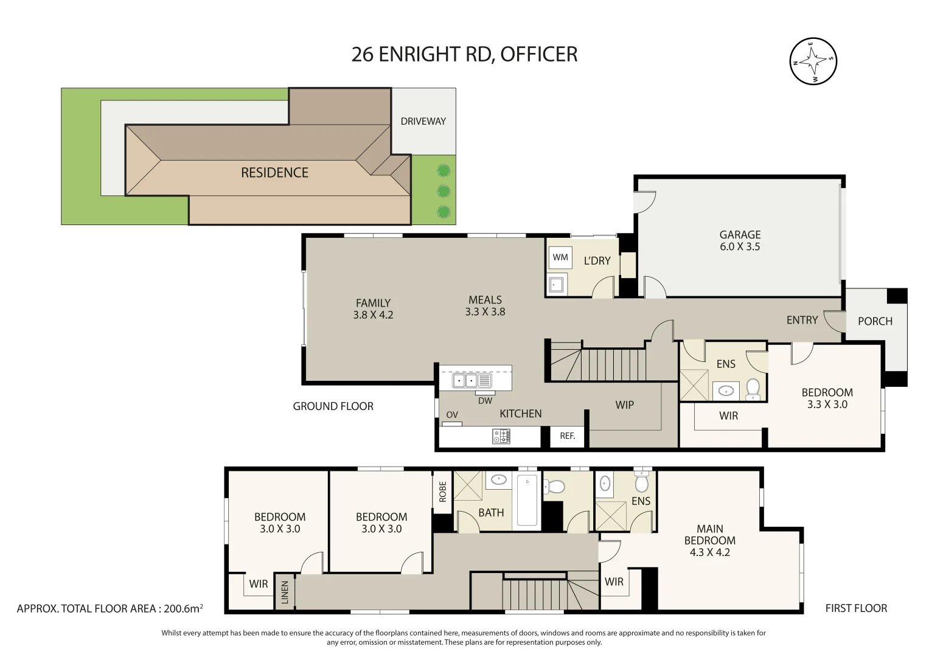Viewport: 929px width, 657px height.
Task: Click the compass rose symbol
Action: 813,61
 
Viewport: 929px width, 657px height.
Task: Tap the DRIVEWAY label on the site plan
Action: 423,121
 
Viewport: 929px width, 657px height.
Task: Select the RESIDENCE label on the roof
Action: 274,173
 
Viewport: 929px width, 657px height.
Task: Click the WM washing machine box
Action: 560,257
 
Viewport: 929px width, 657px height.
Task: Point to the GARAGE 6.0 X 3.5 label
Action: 740,240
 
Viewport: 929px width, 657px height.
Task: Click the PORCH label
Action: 875,321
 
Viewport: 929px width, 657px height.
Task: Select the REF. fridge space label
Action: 567,436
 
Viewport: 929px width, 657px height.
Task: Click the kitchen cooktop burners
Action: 501,436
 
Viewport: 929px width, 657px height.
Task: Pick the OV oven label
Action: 452,415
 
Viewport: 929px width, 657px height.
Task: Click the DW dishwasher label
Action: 485,401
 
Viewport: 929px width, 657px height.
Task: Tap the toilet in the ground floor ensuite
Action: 753,389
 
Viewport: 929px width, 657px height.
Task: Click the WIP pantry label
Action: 624,405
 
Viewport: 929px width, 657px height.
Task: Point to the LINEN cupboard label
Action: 285,592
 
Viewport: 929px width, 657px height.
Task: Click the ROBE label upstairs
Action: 442,492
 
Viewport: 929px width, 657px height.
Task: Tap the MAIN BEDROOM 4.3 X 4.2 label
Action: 709,540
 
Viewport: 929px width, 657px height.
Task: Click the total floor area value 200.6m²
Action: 183,608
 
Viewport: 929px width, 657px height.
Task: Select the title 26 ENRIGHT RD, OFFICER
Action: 464,54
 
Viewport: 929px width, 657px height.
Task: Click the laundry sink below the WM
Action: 556,284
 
